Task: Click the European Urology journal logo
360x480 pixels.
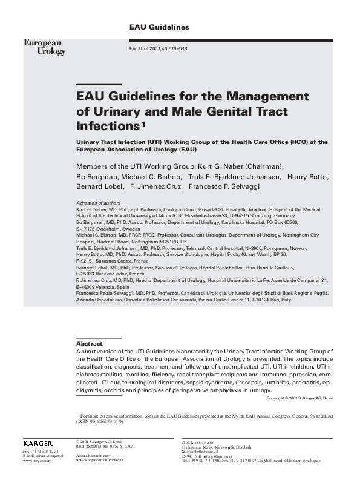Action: coord(44,47)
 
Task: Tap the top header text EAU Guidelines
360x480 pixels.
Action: coord(160,28)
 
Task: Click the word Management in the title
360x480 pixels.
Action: coord(267,97)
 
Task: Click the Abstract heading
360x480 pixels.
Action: coord(90,343)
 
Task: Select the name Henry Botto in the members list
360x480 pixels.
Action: coord(307,177)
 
